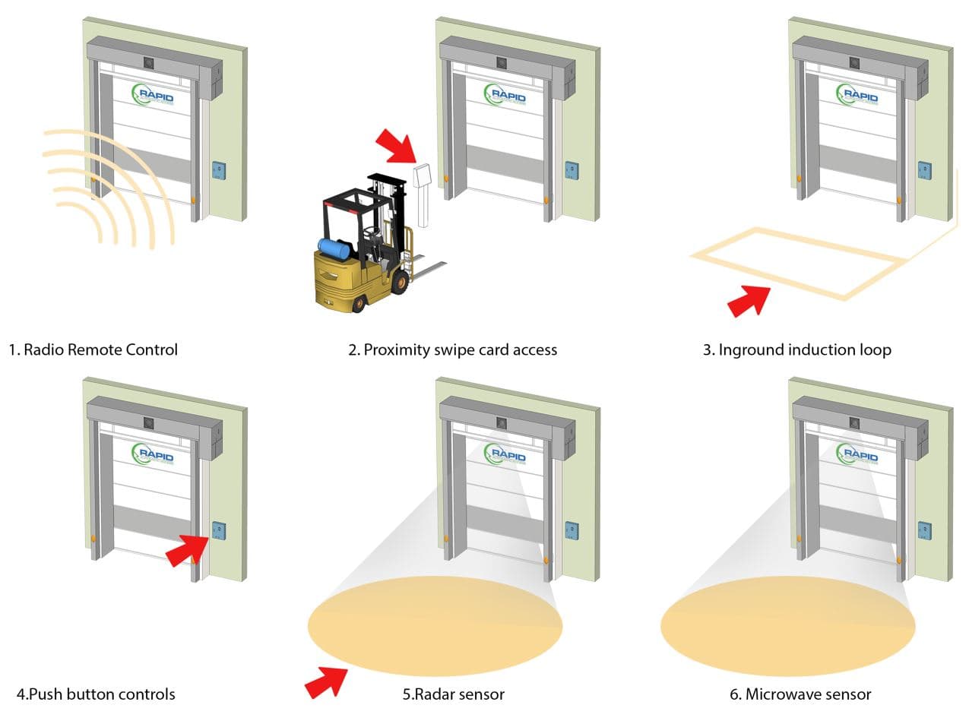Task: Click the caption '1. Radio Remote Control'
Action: pos(93,350)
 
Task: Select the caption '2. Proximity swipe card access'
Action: pos(452,350)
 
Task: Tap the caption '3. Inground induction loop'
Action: pos(796,350)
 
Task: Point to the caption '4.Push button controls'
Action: pos(96,694)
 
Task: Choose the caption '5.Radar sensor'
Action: pos(453,694)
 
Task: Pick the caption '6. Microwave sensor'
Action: pos(800,694)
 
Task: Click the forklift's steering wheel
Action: pos(370,228)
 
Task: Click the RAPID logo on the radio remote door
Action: pos(154,95)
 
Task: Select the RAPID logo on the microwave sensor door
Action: pos(858,455)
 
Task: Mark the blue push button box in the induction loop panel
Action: pos(924,171)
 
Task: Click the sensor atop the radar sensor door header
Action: pos(502,422)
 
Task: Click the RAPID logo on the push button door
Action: pos(154,455)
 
